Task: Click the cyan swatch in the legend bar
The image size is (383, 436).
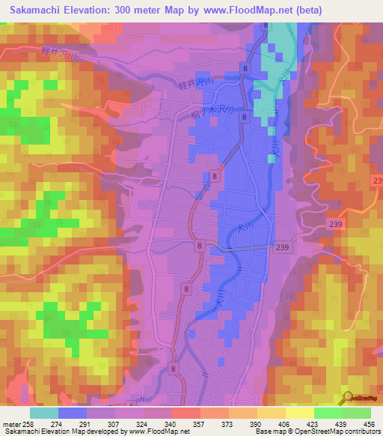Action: pos(44,412)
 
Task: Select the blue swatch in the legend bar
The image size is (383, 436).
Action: pos(73,412)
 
